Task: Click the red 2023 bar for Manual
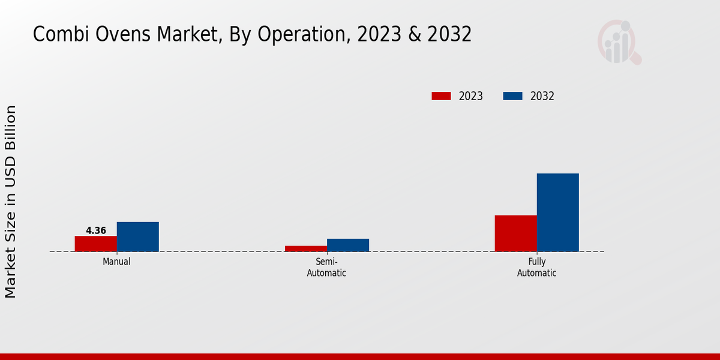[96, 244]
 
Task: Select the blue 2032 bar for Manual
[138, 236]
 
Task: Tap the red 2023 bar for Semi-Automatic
[306, 248]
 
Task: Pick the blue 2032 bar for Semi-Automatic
[348, 245]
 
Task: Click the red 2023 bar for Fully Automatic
[515, 233]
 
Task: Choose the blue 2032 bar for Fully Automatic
[557, 212]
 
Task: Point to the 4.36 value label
[96, 230]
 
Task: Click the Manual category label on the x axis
[116, 262]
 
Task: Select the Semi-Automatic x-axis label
[326, 267]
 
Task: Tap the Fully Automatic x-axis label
[536, 267]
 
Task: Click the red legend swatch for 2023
[441, 96]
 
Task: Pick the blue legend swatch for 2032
[512, 96]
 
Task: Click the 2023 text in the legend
[471, 96]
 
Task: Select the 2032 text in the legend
[542, 96]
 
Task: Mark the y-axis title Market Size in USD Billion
[11, 202]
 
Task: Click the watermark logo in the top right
[619, 42]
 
